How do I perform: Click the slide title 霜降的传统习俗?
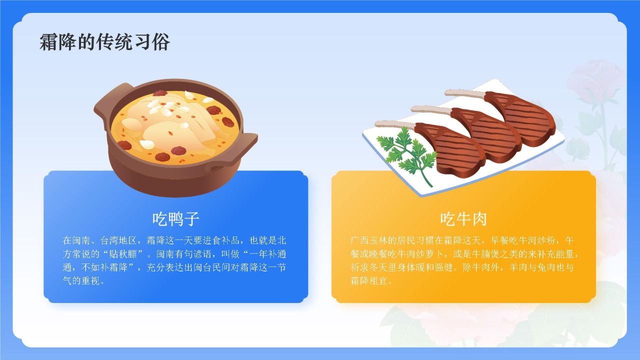pyautogui.click(x=104, y=42)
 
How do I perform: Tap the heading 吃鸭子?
pyautogui.click(x=176, y=219)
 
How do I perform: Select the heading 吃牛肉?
pyautogui.click(x=463, y=219)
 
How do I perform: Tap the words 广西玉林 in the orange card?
pyautogui.click(x=368, y=240)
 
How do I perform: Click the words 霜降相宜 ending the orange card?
pyautogui.click(x=368, y=281)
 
